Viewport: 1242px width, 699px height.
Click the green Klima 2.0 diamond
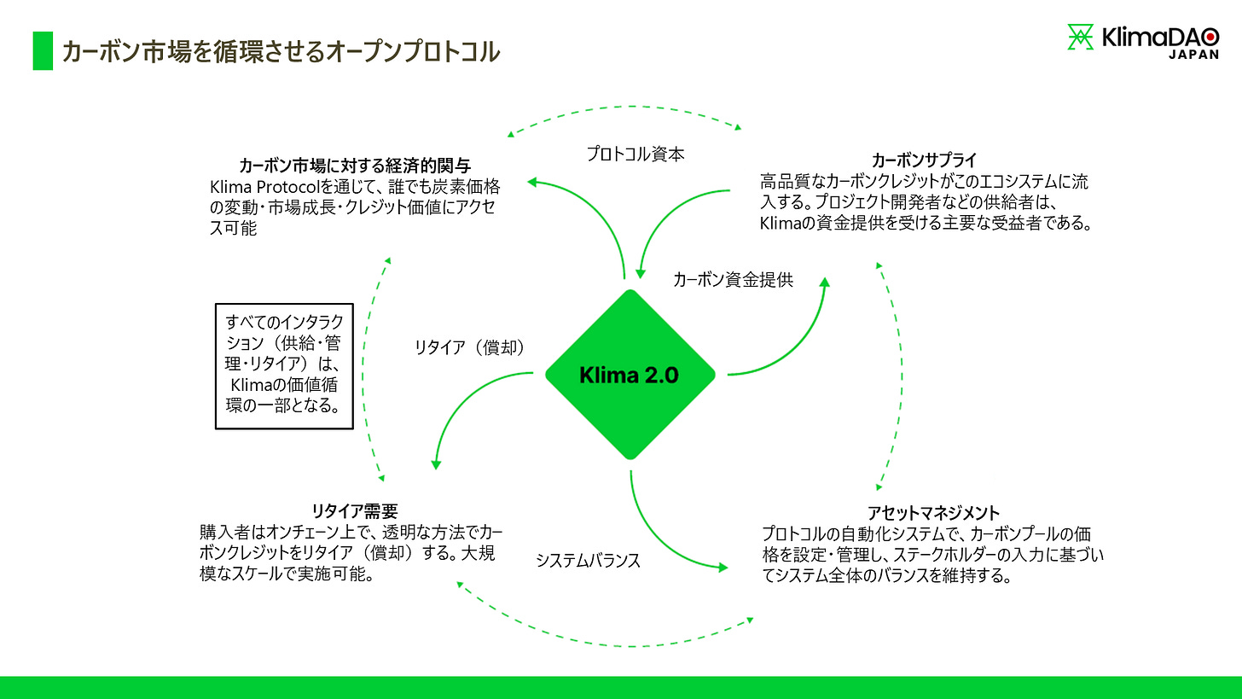click(x=630, y=375)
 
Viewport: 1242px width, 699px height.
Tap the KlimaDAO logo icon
click(x=1081, y=38)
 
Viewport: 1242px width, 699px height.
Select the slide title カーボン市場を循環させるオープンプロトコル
click(x=280, y=51)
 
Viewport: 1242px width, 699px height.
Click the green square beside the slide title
click(x=43, y=51)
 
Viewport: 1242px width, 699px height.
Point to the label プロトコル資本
click(x=636, y=154)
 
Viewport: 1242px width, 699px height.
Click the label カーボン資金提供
click(x=733, y=279)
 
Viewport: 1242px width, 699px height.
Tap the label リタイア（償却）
click(x=468, y=347)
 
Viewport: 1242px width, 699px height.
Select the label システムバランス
click(x=588, y=561)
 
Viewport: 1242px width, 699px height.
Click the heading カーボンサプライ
click(x=924, y=160)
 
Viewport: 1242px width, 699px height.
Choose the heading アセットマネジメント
click(x=933, y=513)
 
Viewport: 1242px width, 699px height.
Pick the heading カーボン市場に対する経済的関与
click(x=355, y=165)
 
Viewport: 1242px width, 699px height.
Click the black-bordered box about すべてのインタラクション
click(x=283, y=367)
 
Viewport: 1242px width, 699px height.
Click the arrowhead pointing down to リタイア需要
click(x=436, y=463)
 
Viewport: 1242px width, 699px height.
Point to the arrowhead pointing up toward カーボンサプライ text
click(x=824, y=282)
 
